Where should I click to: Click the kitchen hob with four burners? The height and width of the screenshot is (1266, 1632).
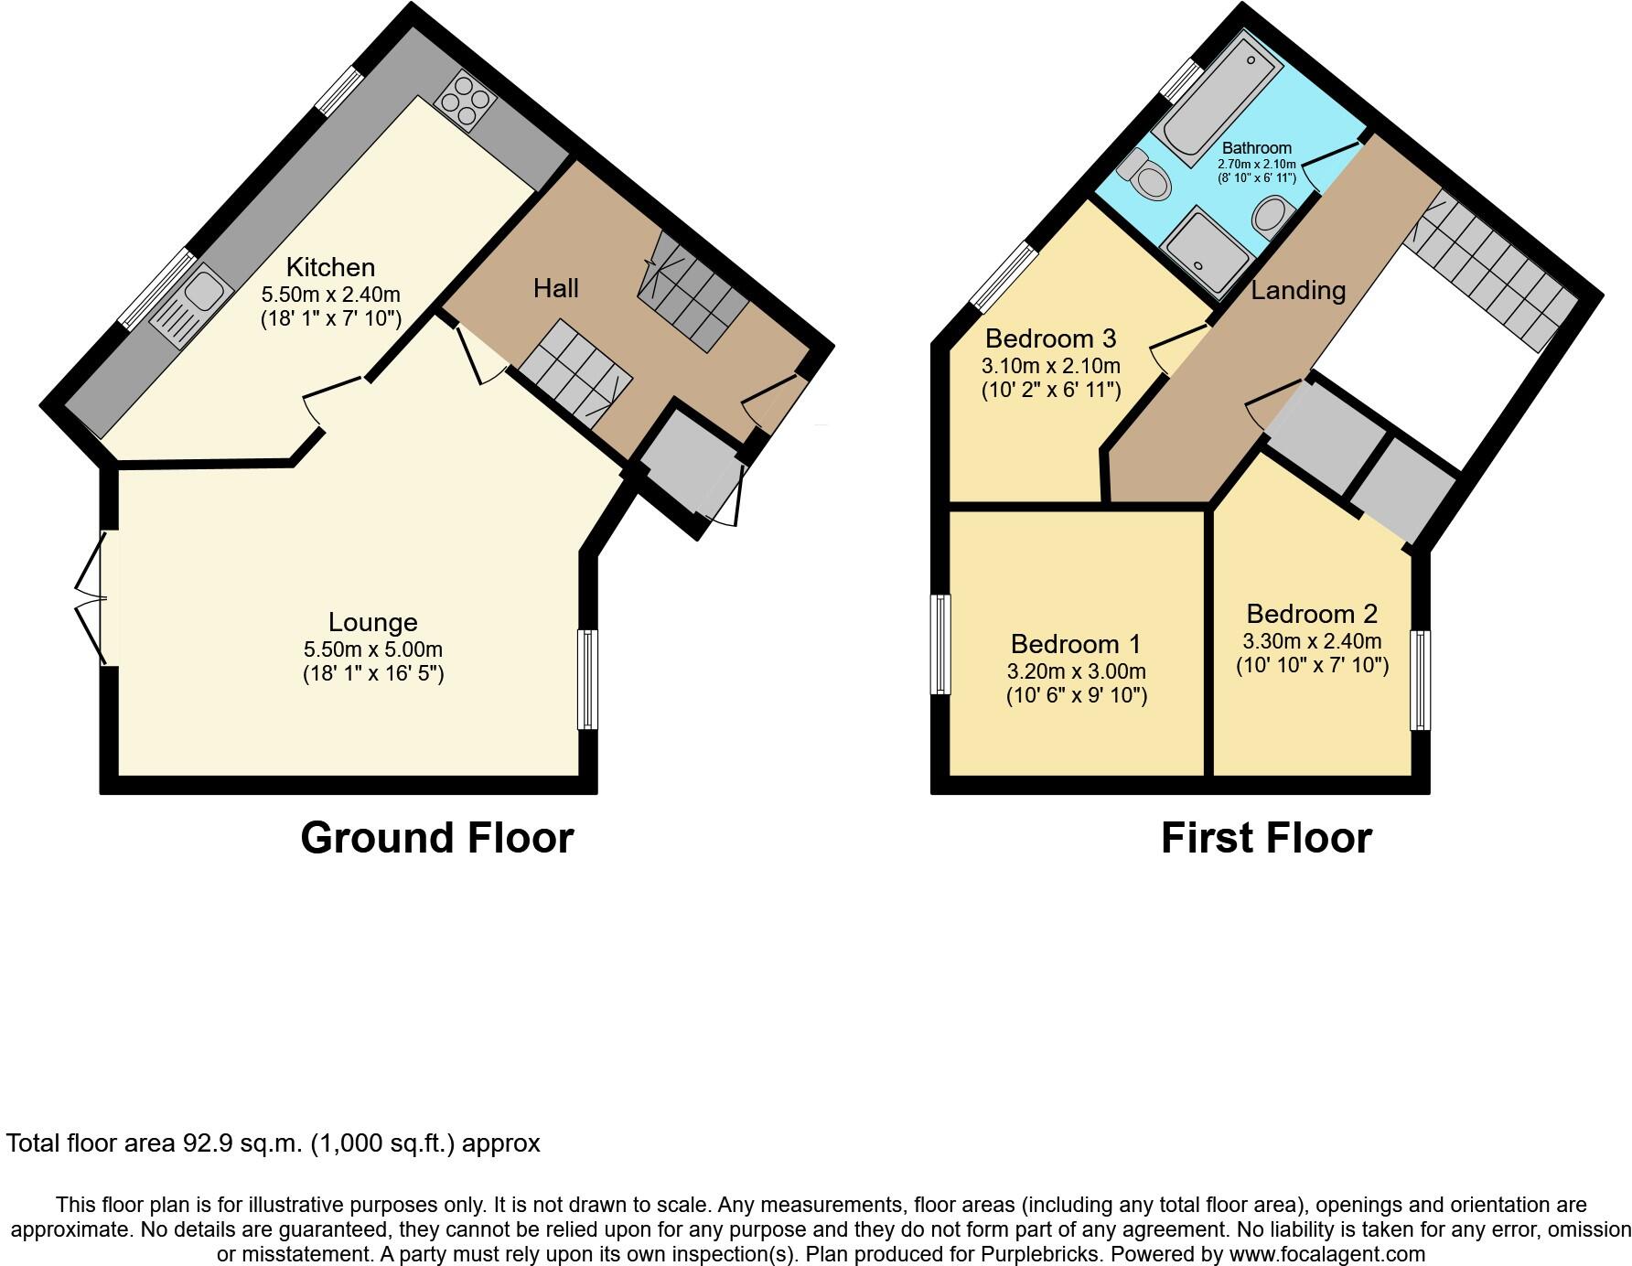[x=461, y=102]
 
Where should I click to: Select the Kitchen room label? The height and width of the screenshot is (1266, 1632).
[x=330, y=267]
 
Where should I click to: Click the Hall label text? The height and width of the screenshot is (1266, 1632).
[x=555, y=288]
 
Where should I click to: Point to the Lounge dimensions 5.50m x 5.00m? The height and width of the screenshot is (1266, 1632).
[x=372, y=649]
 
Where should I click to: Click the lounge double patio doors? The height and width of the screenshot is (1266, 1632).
[x=94, y=598]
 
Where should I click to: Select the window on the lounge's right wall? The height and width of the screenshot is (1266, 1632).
[x=587, y=679]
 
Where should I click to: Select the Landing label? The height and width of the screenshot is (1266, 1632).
[x=1297, y=291]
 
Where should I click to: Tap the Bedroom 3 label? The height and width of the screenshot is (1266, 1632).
[x=1050, y=338]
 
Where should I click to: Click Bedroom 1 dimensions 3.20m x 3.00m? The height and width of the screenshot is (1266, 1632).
[x=1076, y=671]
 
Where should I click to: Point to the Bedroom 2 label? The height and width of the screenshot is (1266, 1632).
[x=1311, y=614]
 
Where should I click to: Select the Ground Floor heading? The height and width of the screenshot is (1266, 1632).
[x=436, y=838]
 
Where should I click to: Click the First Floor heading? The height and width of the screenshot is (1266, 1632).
[x=1265, y=838]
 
